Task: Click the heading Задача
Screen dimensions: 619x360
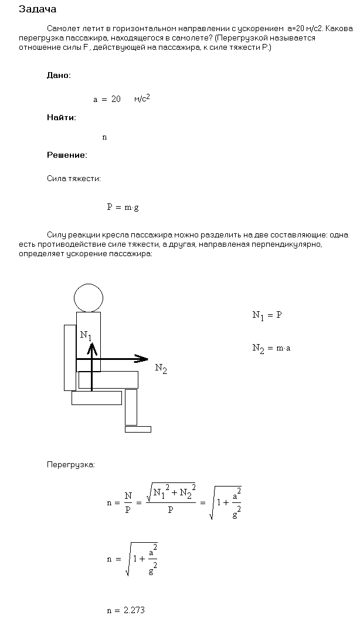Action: [x=38, y=9]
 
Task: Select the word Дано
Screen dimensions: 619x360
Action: [x=59, y=75]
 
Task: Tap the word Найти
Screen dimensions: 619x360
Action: [x=61, y=117]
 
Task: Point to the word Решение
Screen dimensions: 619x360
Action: [x=67, y=155]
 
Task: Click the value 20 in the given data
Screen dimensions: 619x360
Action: [x=116, y=100]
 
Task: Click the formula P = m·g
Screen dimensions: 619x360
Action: [x=123, y=207]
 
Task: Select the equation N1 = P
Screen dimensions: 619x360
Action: [x=267, y=315]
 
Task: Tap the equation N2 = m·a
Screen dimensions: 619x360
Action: [x=271, y=348]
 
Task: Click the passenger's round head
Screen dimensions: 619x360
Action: [x=88, y=297]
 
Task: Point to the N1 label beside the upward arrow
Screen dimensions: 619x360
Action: [x=86, y=335]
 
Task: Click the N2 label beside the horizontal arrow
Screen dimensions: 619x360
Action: [x=161, y=369]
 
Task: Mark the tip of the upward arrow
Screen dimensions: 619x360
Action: [x=91, y=345]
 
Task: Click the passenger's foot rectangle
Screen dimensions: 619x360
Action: [x=138, y=429]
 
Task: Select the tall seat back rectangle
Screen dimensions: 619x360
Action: [x=70, y=357]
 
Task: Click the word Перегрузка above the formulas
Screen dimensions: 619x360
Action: [x=70, y=465]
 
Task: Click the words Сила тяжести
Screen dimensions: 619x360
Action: [x=74, y=179]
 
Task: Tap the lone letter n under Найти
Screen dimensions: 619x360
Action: [x=104, y=137]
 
